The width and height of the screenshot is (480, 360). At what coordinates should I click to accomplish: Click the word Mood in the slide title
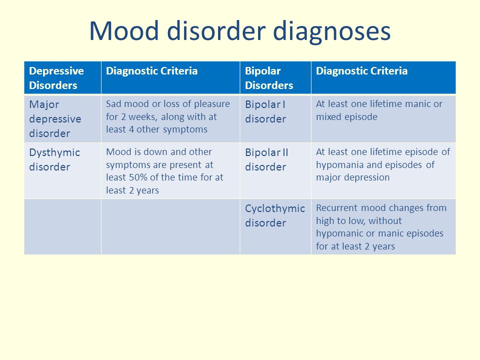(x=124, y=30)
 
